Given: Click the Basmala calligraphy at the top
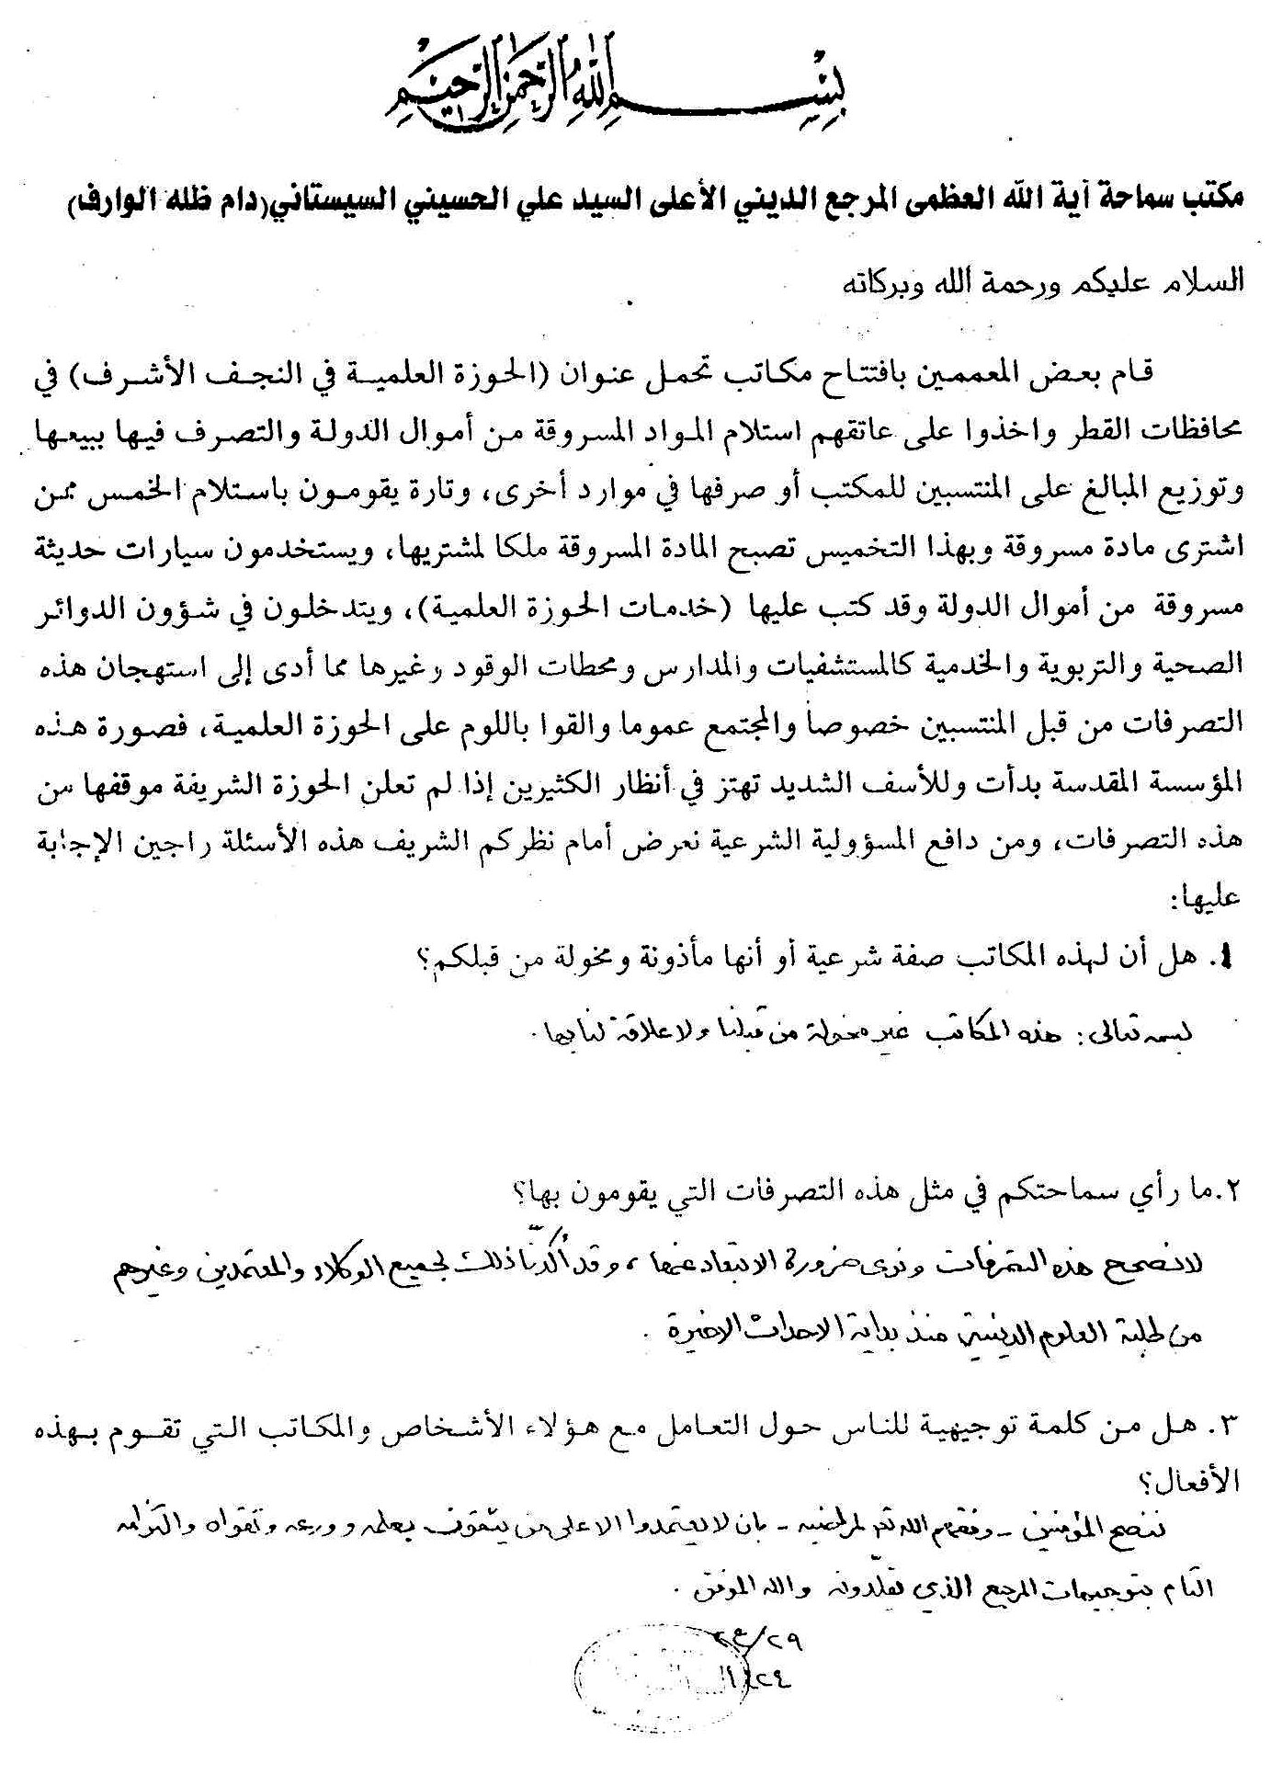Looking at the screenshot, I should coord(635,88).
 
